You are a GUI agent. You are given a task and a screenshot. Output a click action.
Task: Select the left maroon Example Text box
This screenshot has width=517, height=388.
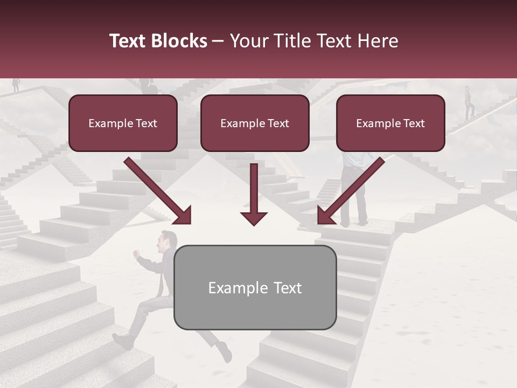coord(123,123)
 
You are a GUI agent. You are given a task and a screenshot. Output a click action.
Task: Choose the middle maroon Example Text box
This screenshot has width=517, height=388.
coord(255,123)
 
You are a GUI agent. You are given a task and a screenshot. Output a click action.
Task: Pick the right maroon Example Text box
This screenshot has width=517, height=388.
coord(390,123)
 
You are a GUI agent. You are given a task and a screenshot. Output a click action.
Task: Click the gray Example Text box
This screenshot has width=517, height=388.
coord(255,287)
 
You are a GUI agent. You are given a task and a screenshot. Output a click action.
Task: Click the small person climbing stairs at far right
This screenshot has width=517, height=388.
coord(469,102)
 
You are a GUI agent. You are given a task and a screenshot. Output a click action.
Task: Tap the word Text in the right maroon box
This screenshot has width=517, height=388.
coord(414,123)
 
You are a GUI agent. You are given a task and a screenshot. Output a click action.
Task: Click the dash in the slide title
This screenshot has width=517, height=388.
coord(218,41)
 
